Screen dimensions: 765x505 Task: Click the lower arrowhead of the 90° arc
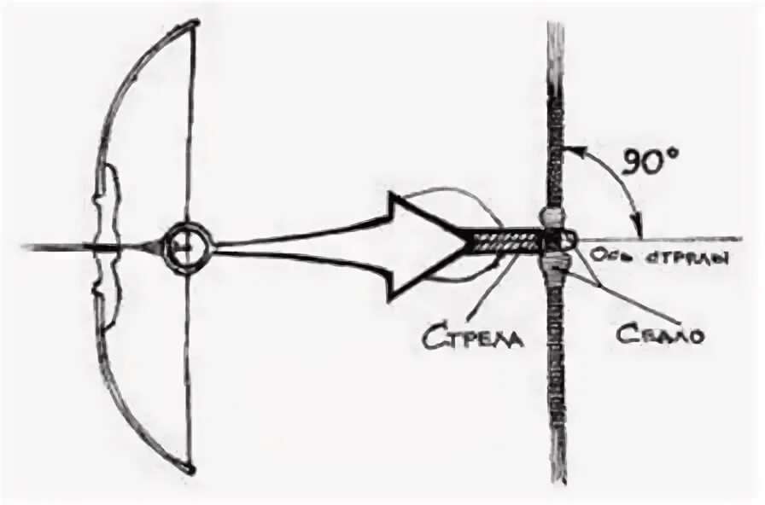637,227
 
